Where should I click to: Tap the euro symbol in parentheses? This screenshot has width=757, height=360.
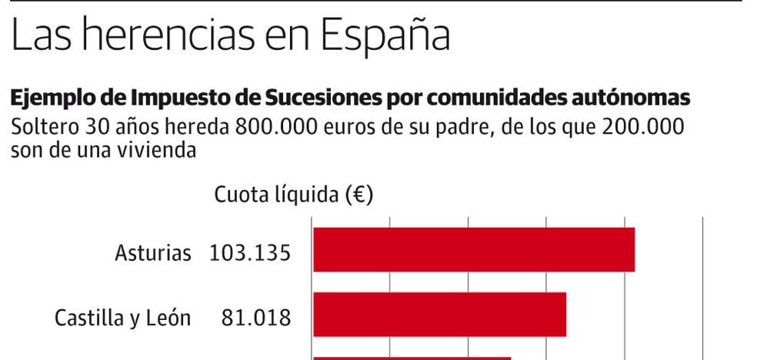(x=360, y=195)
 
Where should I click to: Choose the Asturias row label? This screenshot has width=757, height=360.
(x=152, y=252)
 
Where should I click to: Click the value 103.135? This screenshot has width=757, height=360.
(x=250, y=252)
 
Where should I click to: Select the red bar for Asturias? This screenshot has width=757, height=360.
(x=473, y=250)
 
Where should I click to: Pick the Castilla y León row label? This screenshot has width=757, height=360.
(x=122, y=317)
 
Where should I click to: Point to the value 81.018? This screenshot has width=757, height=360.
(x=255, y=317)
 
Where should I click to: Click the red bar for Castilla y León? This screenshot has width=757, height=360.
(x=439, y=315)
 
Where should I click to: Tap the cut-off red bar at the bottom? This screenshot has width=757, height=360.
(x=412, y=358)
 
